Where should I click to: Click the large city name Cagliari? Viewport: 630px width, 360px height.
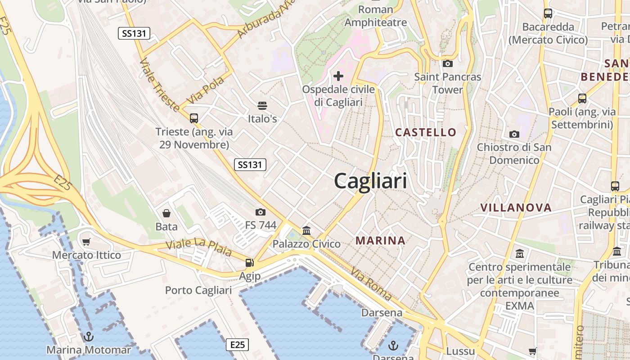(x=370, y=181)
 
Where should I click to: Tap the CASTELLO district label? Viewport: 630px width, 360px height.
(x=426, y=132)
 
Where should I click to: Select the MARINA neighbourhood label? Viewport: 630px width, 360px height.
(x=381, y=241)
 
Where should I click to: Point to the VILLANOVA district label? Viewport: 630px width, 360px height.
(x=516, y=207)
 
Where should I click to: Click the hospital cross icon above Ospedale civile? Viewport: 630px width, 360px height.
(x=338, y=76)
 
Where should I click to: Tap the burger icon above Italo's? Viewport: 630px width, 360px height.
(x=262, y=106)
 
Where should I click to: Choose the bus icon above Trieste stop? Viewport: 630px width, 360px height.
(x=194, y=118)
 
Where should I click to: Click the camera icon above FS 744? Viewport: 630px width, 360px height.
(x=261, y=212)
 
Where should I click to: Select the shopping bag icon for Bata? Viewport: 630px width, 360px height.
(x=166, y=213)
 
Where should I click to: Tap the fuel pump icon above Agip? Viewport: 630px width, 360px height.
(x=249, y=262)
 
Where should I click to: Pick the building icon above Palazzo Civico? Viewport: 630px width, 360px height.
(x=306, y=230)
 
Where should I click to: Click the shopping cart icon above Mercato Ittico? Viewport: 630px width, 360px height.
(x=86, y=242)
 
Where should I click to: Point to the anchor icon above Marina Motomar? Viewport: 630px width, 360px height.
(x=89, y=336)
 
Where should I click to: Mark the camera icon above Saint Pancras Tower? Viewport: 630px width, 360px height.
(x=447, y=63)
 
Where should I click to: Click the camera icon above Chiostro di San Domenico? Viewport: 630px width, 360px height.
(x=514, y=134)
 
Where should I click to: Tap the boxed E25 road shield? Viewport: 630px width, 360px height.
(x=237, y=345)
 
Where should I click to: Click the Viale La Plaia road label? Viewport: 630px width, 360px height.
(x=198, y=248)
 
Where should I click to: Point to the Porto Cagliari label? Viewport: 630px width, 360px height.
(x=198, y=290)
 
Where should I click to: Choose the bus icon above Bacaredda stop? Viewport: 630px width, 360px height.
(x=548, y=13)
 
